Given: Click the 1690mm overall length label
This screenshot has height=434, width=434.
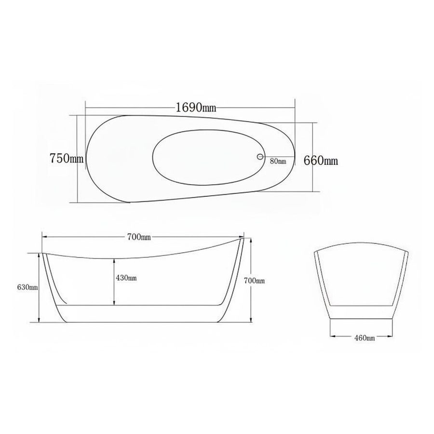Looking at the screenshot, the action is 196,108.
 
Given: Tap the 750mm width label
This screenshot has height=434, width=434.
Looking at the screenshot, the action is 67,158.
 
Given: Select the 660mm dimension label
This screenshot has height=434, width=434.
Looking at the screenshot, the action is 321,160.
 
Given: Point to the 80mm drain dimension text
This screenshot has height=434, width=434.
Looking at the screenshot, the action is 278,161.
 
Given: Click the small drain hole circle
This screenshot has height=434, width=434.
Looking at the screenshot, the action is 260,157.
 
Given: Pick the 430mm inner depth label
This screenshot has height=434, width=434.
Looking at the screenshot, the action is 126,278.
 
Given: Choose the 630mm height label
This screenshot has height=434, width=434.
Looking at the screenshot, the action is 27,287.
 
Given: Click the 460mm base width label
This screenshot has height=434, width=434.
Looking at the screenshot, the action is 364,338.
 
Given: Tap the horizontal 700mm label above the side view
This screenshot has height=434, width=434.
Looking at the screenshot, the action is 139,237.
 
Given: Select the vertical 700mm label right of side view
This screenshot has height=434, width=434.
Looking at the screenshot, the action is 254,281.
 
